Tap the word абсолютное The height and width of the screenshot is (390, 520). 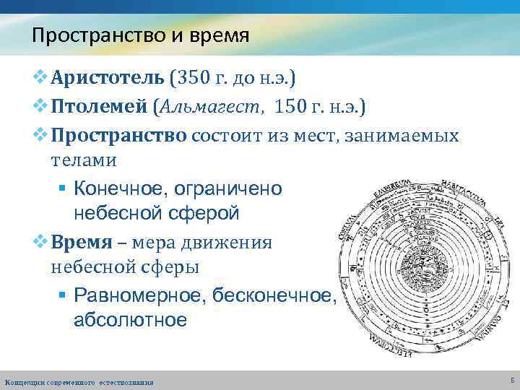(x=130, y=318)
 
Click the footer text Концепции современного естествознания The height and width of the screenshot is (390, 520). (x=79, y=381)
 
